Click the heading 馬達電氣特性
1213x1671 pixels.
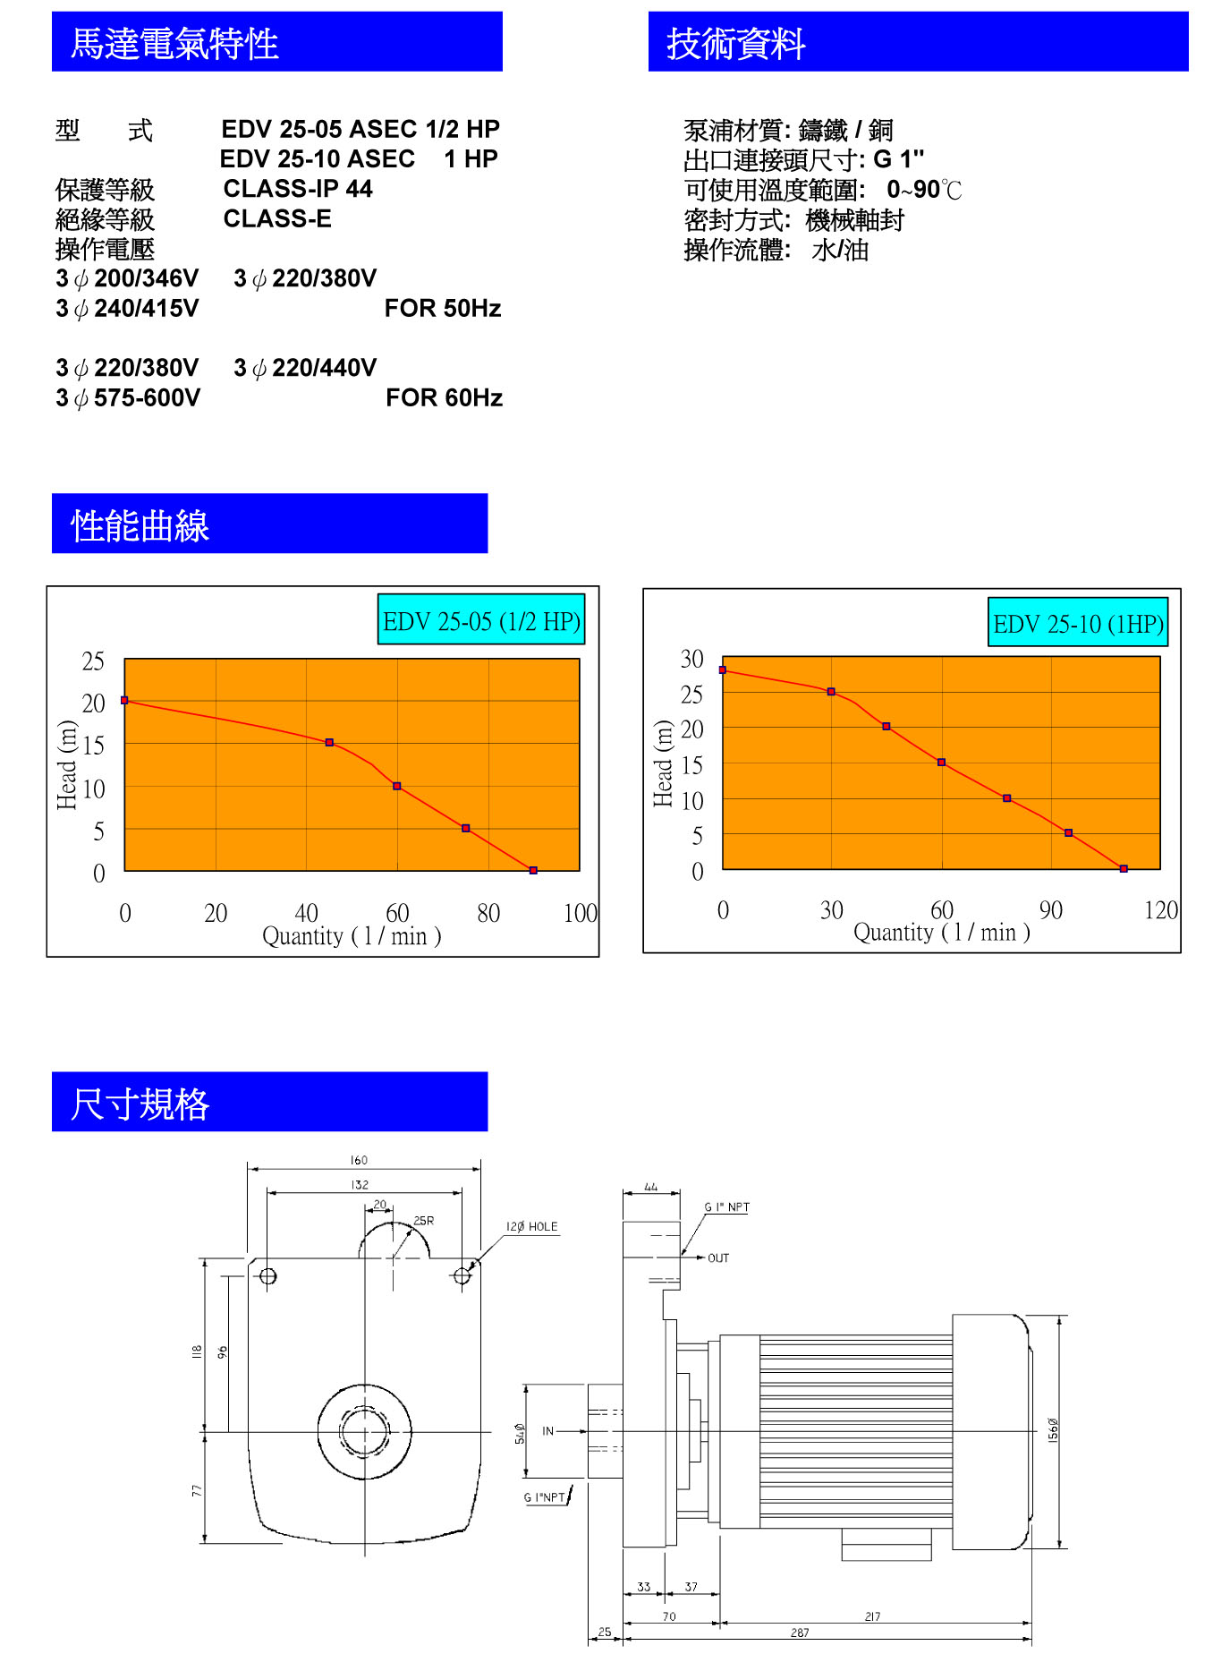(x=174, y=43)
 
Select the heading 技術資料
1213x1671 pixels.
(x=735, y=43)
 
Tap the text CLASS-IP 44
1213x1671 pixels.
(x=297, y=189)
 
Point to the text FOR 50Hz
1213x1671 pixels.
(x=442, y=309)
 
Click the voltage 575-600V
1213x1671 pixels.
(x=147, y=398)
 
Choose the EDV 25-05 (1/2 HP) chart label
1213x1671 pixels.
(x=481, y=620)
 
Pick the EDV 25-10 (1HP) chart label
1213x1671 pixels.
(x=1078, y=623)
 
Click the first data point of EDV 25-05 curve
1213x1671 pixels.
(x=124, y=700)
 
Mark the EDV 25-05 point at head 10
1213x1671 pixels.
(x=397, y=786)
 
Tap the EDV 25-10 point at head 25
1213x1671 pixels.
(x=831, y=692)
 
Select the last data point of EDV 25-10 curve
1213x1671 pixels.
(x=1124, y=868)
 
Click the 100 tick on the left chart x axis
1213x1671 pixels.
(x=580, y=913)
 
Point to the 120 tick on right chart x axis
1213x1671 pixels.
(x=1161, y=910)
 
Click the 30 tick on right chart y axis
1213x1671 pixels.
(x=691, y=660)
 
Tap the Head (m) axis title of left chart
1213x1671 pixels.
(x=66, y=765)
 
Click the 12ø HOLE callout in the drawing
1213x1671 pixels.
(x=531, y=1227)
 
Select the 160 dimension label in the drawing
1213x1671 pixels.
(x=359, y=1161)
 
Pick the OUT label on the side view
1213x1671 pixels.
(x=718, y=1258)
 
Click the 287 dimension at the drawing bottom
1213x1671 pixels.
(x=800, y=1633)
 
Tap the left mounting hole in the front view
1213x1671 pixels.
(x=267, y=1276)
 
